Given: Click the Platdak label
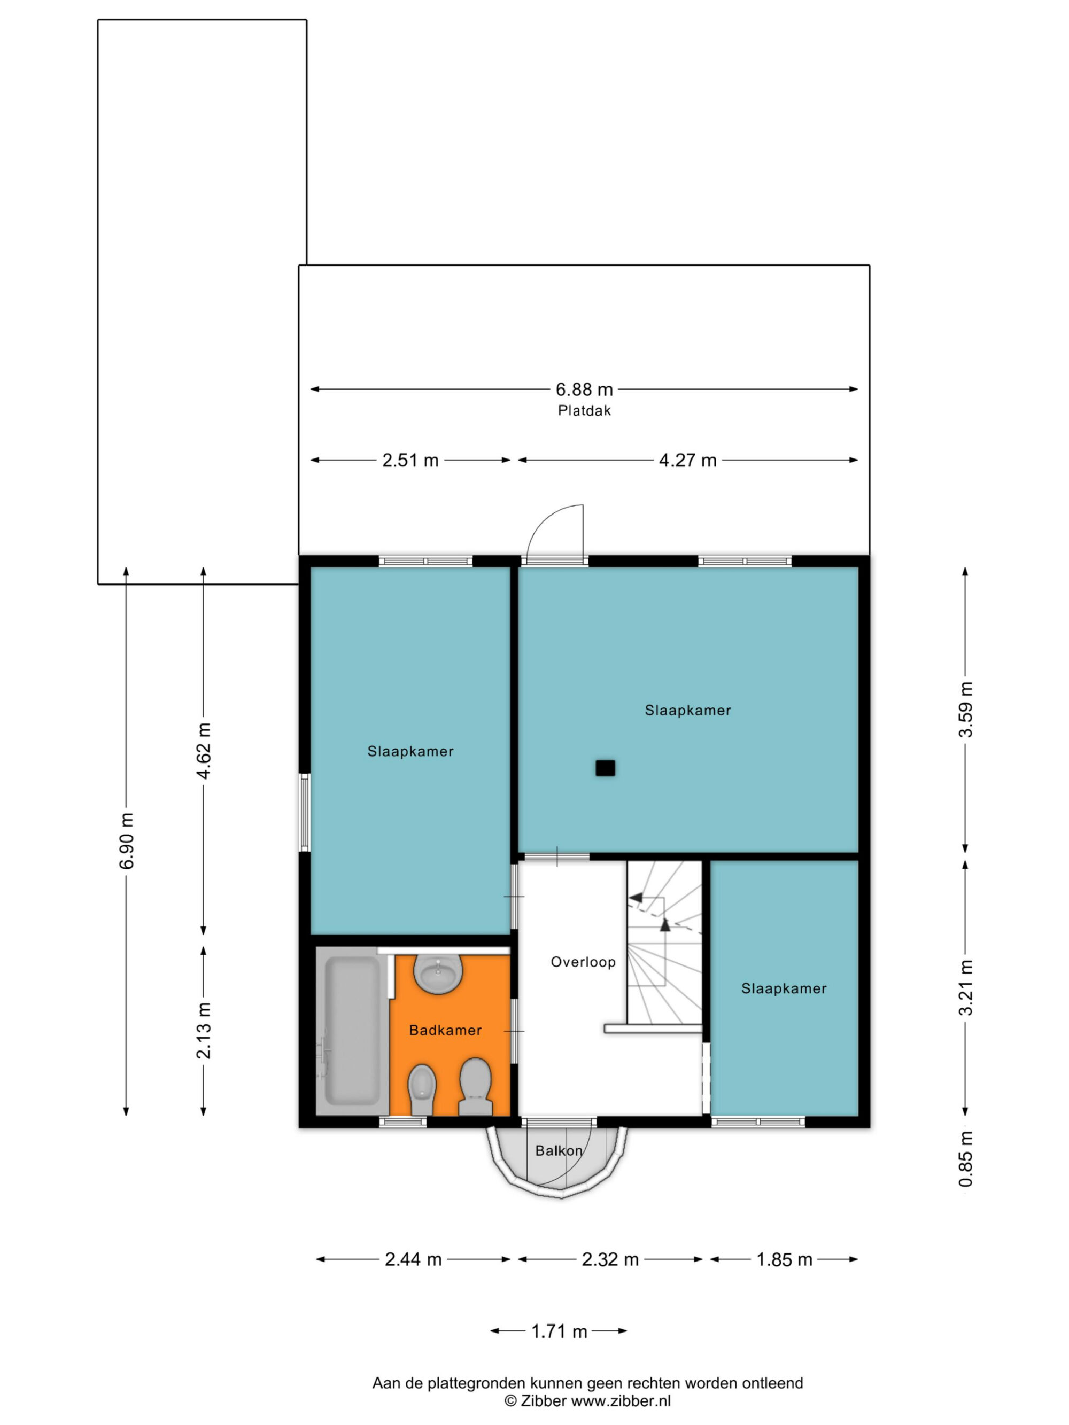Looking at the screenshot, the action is tap(584, 410).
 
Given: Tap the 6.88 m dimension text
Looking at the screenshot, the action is tap(584, 389).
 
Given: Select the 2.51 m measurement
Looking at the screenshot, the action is tap(410, 460).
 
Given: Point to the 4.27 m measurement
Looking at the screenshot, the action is tap(687, 460).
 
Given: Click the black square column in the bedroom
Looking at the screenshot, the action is tap(605, 768).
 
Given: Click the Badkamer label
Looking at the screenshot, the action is tap(445, 1031).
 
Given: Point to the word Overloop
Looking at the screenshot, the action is tap(583, 962).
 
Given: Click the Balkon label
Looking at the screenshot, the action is tap(559, 1150).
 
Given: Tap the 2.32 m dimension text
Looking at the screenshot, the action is tap(610, 1259).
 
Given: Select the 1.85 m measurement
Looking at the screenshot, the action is tap(784, 1259).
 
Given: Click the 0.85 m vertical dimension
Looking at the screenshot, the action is tap(965, 1159).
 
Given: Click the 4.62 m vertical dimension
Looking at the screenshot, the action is tap(204, 751).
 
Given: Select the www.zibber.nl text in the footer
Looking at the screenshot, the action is tap(621, 1400).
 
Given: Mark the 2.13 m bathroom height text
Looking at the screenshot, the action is tap(204, 1031).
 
